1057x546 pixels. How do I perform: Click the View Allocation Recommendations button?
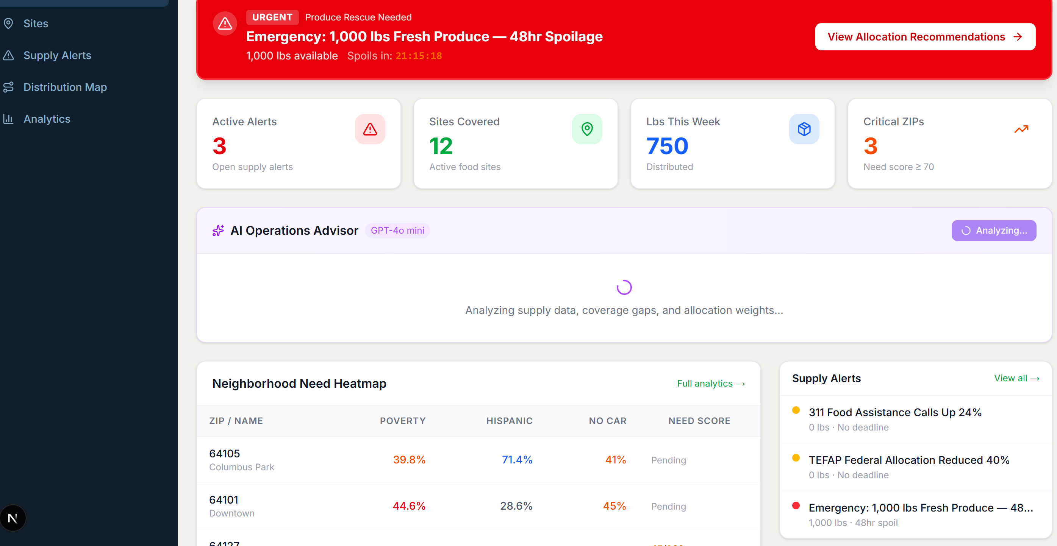[x=925, y=37]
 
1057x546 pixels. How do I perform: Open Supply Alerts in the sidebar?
[x=57, y=55]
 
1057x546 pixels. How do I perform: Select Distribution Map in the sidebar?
[x=65, y=87]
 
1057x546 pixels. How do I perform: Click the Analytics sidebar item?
[x=47, y=119]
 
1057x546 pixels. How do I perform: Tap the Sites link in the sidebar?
[x=36, y=23]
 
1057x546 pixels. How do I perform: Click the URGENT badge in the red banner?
[x=272, y=17]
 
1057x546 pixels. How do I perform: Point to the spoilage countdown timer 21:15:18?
[x=419, y=56]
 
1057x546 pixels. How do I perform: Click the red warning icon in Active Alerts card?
[x=370, y=129]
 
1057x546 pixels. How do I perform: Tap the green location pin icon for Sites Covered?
[x=587, y=129]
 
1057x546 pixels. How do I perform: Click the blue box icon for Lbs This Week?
[x=804, y=129]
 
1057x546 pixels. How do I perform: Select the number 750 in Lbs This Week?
[x=667, y=146]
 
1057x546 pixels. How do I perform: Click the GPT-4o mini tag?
[x=397, y=231]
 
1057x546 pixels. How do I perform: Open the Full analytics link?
[x=711, y=384]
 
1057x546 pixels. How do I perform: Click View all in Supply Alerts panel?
[x=1016, y=378]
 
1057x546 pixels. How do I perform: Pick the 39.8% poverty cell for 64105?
[x=409, y=459]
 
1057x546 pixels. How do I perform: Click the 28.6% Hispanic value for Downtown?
[x=516, y=506]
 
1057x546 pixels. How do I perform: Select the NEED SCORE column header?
[x=699, y=421]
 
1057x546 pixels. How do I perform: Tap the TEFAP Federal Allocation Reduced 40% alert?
[x=908, y=460]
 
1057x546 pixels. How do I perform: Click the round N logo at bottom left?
[x=13, y=518]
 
